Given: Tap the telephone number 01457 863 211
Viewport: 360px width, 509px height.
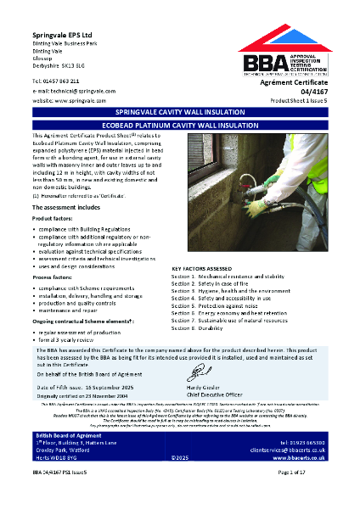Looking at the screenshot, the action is [61, 80].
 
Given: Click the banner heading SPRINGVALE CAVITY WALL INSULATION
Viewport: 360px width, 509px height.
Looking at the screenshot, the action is [179, 112].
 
